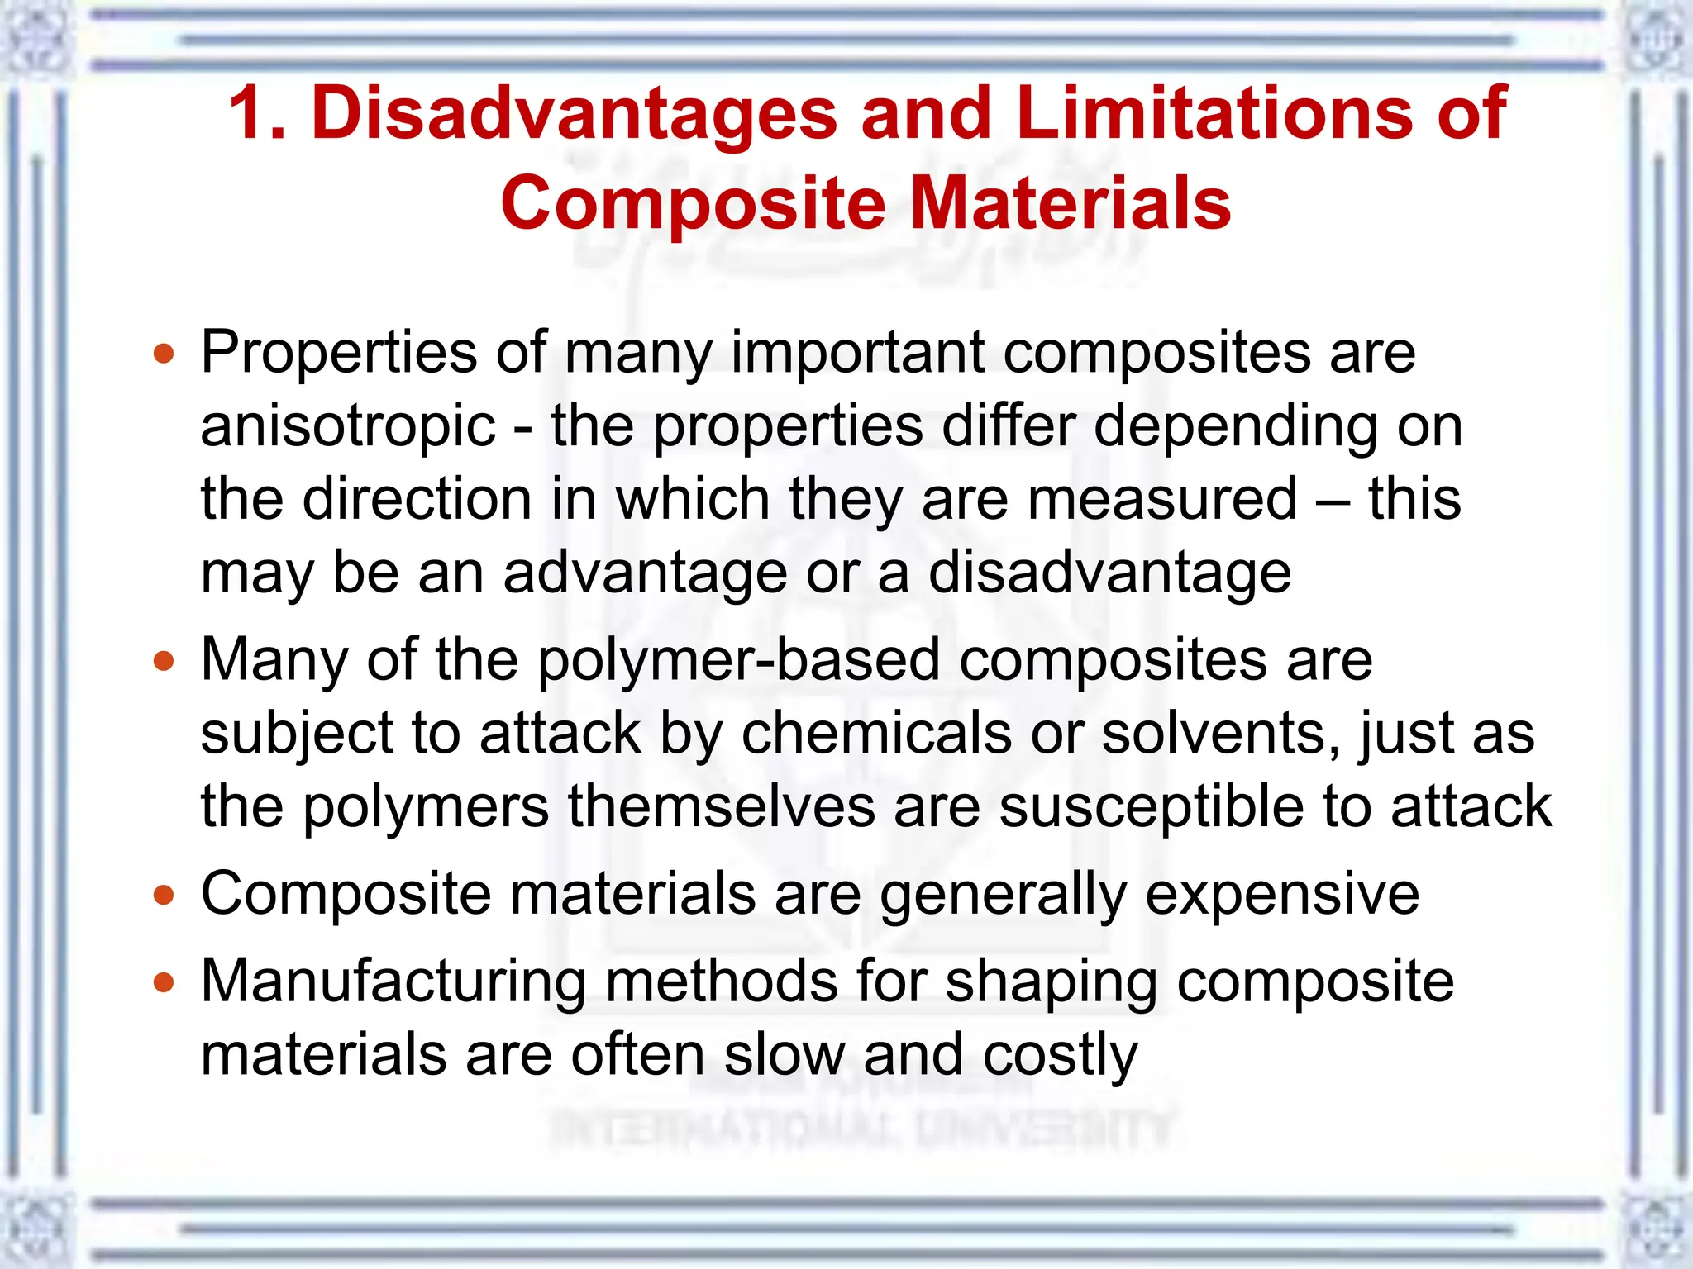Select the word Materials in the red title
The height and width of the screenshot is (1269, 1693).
(x=1071, y=203)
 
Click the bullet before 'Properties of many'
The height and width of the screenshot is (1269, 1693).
(x=165, y=354)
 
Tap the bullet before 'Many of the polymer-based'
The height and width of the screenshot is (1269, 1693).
(x=165, y=662)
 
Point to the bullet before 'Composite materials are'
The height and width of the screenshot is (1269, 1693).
(x=165, y=896)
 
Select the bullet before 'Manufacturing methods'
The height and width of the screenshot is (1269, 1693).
(x=165, y=983)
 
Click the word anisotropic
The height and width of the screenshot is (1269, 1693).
(x=348, y=426)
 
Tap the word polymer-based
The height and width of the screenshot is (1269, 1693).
(x=739, y=660)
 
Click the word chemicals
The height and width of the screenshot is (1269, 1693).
(x=876, y=733)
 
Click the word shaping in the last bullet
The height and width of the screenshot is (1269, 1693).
(x=1051, y=983)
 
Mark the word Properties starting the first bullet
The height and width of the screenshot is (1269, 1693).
(x=339, y=354)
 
